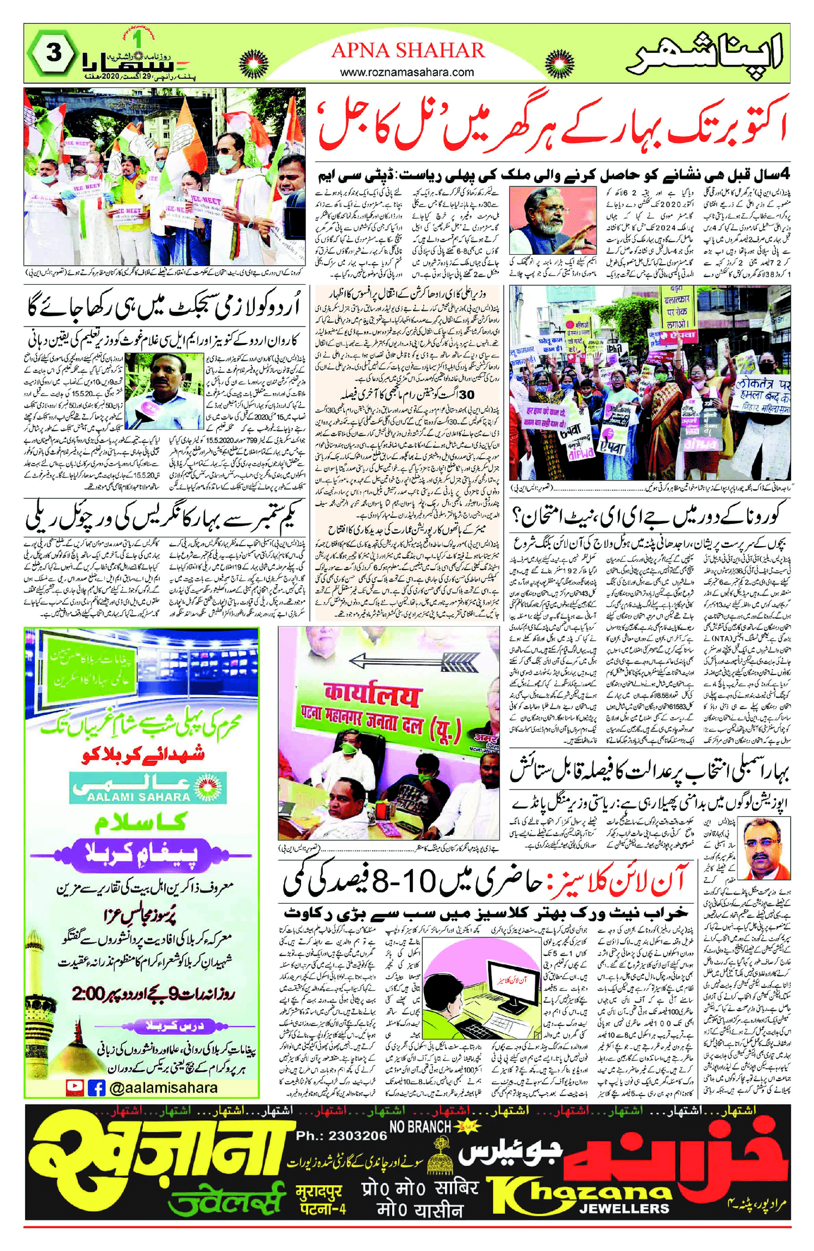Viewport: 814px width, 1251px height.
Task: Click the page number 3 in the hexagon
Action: [53, 53]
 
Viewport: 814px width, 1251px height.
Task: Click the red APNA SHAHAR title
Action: [408, 51]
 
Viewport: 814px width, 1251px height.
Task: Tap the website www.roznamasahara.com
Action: [407, 72]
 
